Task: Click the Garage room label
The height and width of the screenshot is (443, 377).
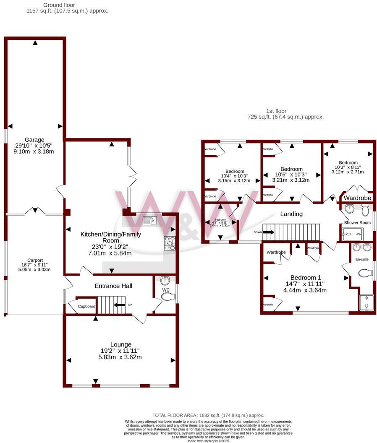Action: coord(34,140)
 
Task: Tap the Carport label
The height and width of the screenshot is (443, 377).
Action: coord(36,260)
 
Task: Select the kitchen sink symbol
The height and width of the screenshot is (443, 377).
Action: coord(149,220)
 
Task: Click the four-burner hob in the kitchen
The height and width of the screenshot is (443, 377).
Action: coord(169,243)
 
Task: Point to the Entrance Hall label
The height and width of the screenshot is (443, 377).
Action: coord(113,286)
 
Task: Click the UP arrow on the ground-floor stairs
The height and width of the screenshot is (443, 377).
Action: coord(120,305)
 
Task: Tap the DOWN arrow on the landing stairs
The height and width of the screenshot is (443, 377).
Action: coord(268,232)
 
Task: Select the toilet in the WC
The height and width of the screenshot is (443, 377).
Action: coord(168,297)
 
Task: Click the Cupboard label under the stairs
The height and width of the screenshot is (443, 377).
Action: coord(86,307)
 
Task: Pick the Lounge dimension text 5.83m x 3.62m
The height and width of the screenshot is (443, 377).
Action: coord(120,357)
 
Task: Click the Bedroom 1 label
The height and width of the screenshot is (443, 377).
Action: coord(306,277)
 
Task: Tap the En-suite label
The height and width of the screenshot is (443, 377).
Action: coord(362,259)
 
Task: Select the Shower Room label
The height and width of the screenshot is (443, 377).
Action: coord(357,222)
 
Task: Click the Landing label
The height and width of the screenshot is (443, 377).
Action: coord(291,214)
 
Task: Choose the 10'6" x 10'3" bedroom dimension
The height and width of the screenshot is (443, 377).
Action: coord(291,175)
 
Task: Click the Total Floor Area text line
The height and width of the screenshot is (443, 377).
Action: coord(208,415)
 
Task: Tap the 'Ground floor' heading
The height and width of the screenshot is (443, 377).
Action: coord(59,5)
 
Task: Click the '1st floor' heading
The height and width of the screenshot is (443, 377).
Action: coord(285,111)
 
